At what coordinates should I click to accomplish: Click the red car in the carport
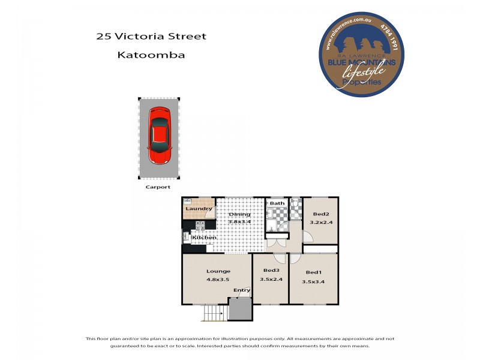tap(160, 136)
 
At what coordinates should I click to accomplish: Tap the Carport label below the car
tap(158, 187)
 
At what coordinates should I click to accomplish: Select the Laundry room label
tap(199, 209)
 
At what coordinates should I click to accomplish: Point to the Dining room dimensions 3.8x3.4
tap(239, 221)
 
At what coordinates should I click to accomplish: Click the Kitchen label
tap(204, 238)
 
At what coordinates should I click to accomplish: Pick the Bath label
tap(277, 203)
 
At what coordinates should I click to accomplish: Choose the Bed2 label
tap(321, 214)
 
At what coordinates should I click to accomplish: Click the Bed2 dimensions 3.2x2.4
tap(321, 223)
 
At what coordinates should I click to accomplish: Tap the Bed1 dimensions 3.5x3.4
tap(314, 281)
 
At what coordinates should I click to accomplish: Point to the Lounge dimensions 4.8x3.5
tap(218, 279)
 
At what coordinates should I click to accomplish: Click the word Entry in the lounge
tap(242, 290)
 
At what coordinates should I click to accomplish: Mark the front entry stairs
tap(211, 313)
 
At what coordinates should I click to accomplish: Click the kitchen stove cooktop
tap(200, 226)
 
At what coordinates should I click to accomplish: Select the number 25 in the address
tap(103, 37)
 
